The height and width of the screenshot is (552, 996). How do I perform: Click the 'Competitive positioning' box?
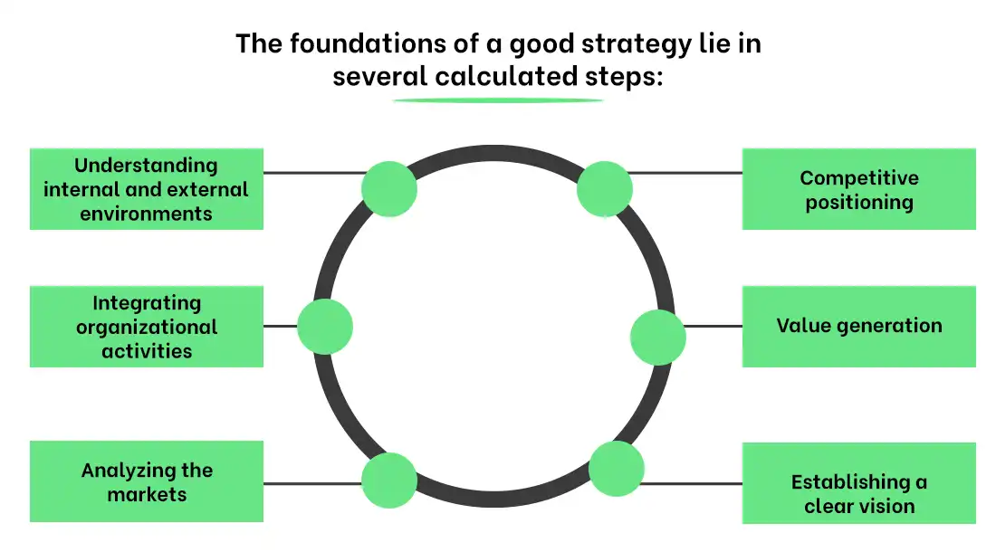pyautogui.click(x=858, y=189)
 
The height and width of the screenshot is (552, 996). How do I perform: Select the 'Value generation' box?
pyautogui.click(x=858, y=326)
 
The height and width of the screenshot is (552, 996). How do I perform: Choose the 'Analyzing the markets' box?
pyautogui.click(x=147, y=481)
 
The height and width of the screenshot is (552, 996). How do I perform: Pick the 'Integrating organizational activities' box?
pyautogui.click(x=147, y=327)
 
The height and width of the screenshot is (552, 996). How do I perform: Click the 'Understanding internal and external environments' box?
pyautogui.click(x=147, y=189)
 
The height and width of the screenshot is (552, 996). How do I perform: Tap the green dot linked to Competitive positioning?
pyautogui.click(x=604, y=188)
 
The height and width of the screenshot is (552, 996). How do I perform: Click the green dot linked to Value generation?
pyautogui.click(x=657, y=336)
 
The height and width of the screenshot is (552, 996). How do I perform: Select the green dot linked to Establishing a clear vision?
pyautogui.click(x=616, y=469)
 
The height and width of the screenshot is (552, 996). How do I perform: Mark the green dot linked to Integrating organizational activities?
pyautogui.click(x=324, y=326)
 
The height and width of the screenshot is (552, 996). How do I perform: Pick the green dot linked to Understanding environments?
pyautogui.click(x=389, y=188)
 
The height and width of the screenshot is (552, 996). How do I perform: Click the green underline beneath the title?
pyautogui.click(x=498, y=100)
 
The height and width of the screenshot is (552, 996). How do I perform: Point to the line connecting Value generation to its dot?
pyautogui.click(x=713, y=326)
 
